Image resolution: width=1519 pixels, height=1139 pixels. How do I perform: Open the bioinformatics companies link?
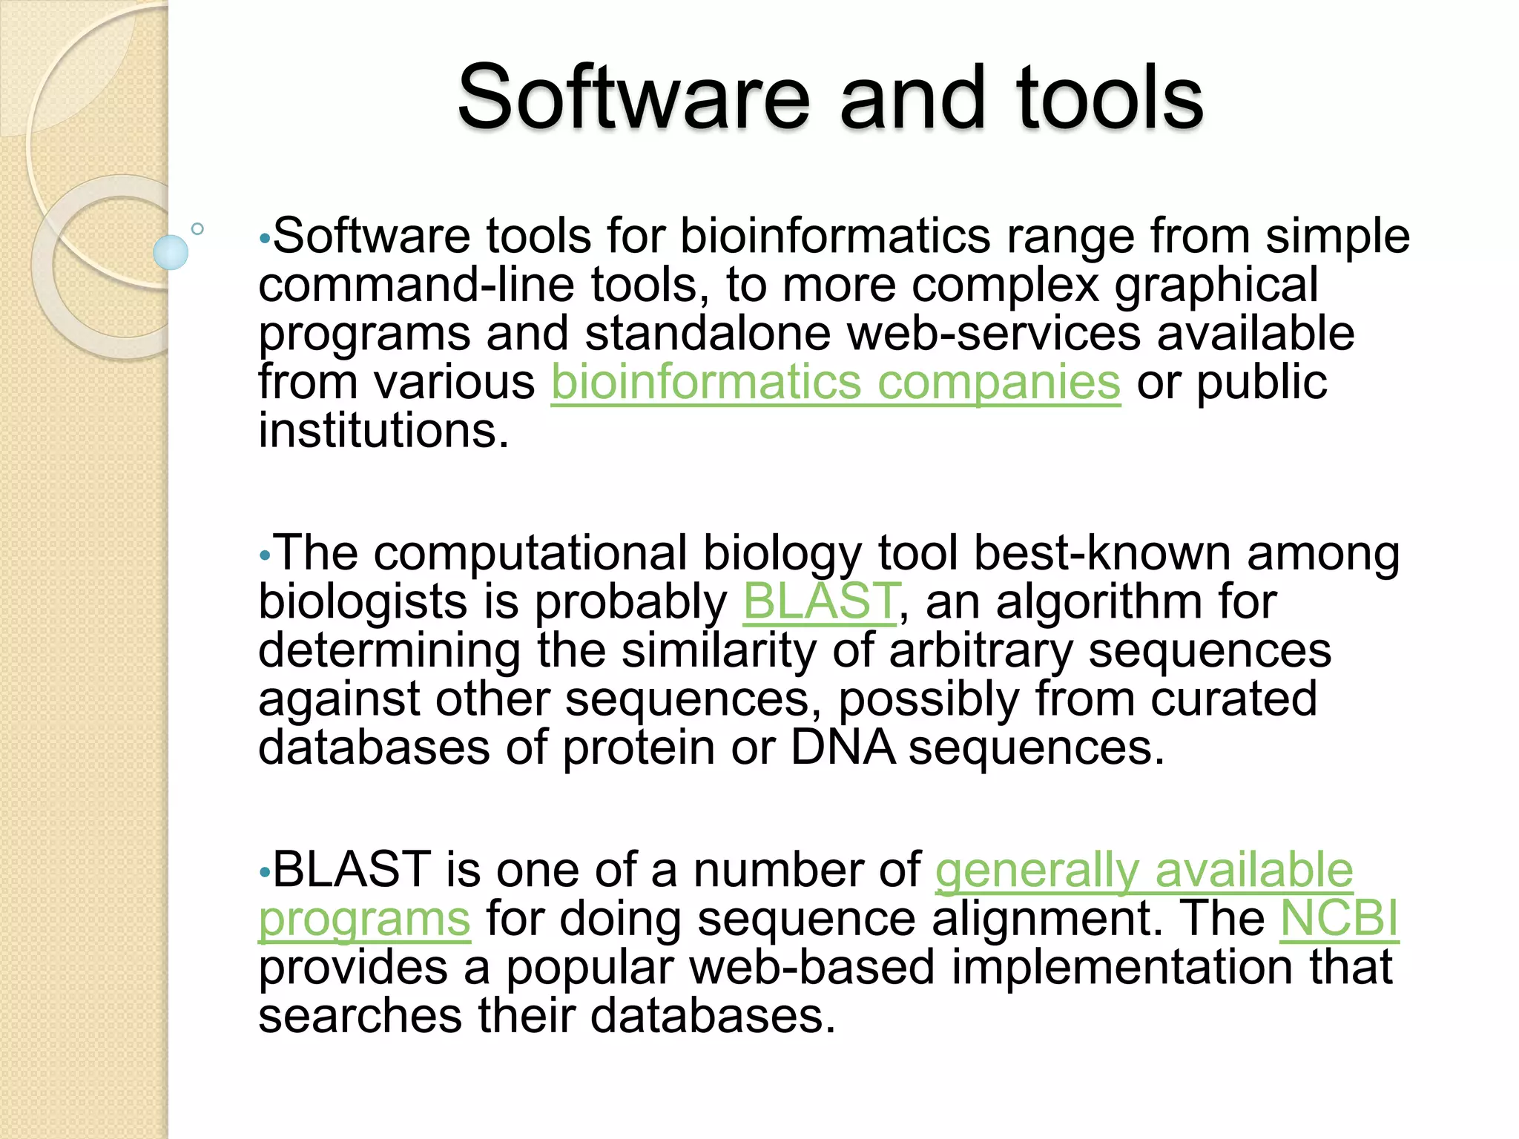coord(835,383)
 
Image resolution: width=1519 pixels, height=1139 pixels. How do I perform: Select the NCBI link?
coord(1339,919)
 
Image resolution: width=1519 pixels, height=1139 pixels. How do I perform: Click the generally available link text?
coord(1144,870)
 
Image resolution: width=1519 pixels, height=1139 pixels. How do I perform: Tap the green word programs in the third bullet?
coord(364,919)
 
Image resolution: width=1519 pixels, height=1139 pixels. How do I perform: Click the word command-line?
coord(416,285)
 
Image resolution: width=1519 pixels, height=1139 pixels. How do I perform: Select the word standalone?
coord(708,334)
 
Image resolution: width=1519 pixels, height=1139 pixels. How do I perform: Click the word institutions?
coord(383,432)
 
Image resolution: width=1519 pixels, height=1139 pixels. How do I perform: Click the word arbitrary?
coord(981,650)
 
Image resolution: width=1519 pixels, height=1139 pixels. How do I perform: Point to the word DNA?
coord(842,747)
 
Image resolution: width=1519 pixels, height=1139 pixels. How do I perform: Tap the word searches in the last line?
coord(360,1016)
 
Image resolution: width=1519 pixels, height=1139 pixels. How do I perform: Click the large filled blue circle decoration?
coord(171,252)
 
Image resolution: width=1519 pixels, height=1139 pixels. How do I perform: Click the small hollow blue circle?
coord(197,229)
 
